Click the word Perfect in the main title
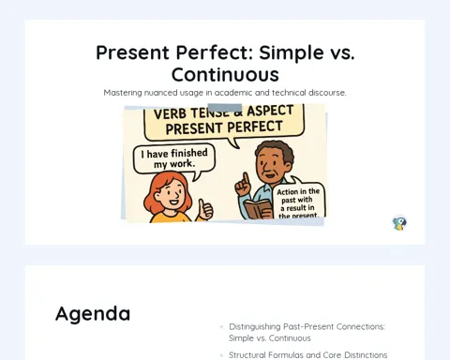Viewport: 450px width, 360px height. tap(215, 52)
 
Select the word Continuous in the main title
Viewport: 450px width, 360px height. tap(225, 75)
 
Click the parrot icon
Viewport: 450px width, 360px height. tap(399, 223)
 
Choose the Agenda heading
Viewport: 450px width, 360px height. tap(93, 314)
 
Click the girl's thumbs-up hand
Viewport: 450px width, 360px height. tap(205, 209)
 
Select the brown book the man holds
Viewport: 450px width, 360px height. tap(258, 209)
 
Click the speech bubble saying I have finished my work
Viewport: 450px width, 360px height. tap(174, 158)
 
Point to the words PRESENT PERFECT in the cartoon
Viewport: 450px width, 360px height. tap(224, 127)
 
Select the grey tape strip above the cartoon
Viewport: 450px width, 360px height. tap(225, 107)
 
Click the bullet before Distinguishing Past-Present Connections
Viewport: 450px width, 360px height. tap(221, 327)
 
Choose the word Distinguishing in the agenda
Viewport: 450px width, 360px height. tap(255, 327)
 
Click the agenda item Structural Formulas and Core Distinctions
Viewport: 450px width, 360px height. tap(307, 355)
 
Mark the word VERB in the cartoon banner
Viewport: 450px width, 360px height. tap(171, 114)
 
